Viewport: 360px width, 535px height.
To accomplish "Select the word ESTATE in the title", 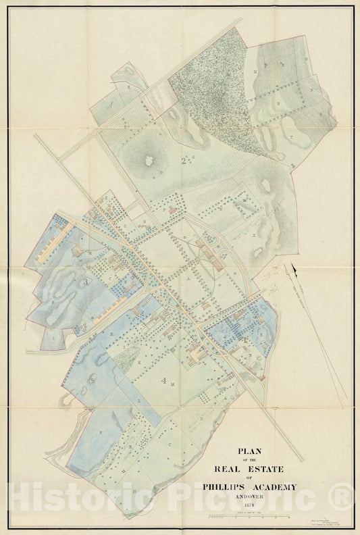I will coord(266,469).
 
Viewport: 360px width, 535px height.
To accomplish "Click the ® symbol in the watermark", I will coord(344,498).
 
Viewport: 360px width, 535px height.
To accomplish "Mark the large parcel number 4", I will coord(163,380).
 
